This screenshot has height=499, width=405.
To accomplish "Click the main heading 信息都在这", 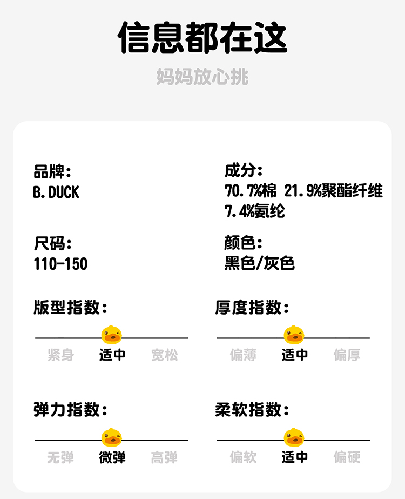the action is tap(202, 37).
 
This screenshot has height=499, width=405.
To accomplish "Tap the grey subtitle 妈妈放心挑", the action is tap(202, 77).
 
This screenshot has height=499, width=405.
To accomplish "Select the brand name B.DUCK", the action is tap(56, 192).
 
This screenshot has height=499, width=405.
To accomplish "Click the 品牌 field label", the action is tap(52, 172).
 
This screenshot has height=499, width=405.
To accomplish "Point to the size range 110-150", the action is tap(60, 264).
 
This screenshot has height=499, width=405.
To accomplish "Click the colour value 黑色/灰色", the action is tap(260, 264).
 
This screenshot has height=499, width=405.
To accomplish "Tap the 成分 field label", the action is tap(244, 172).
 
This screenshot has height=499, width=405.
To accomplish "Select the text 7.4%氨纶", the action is tap(255, 211).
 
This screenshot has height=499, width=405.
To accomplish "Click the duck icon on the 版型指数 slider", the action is tap(112, 335).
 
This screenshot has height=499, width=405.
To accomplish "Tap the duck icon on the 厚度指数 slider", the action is tap(294, 335).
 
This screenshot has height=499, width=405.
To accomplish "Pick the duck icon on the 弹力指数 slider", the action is tap(112, 437).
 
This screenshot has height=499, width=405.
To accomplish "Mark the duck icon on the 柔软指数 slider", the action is tap(294, 437).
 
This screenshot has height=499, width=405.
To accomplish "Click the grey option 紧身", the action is tap(60, 355).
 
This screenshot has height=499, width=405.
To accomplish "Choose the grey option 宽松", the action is tap(164, 355).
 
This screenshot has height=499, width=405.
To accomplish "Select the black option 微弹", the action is tap(112, 457).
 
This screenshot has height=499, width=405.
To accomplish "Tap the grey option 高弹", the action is tap(164, 457).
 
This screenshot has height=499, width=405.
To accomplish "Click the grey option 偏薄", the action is tap(243, 355).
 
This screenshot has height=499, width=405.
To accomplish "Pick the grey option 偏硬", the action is tap(347, 457).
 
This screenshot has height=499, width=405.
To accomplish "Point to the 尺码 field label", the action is tap(52, 243).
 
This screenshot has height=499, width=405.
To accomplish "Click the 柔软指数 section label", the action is tap(252, 410).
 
